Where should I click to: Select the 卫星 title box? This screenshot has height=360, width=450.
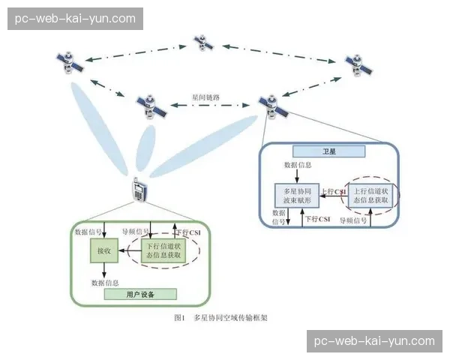tap(328, 151)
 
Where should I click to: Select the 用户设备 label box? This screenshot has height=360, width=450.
tap(140, 295)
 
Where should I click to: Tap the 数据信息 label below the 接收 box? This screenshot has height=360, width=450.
tap(104, 282)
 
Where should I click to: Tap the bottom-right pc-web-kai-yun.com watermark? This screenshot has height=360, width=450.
tap(375, 341)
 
